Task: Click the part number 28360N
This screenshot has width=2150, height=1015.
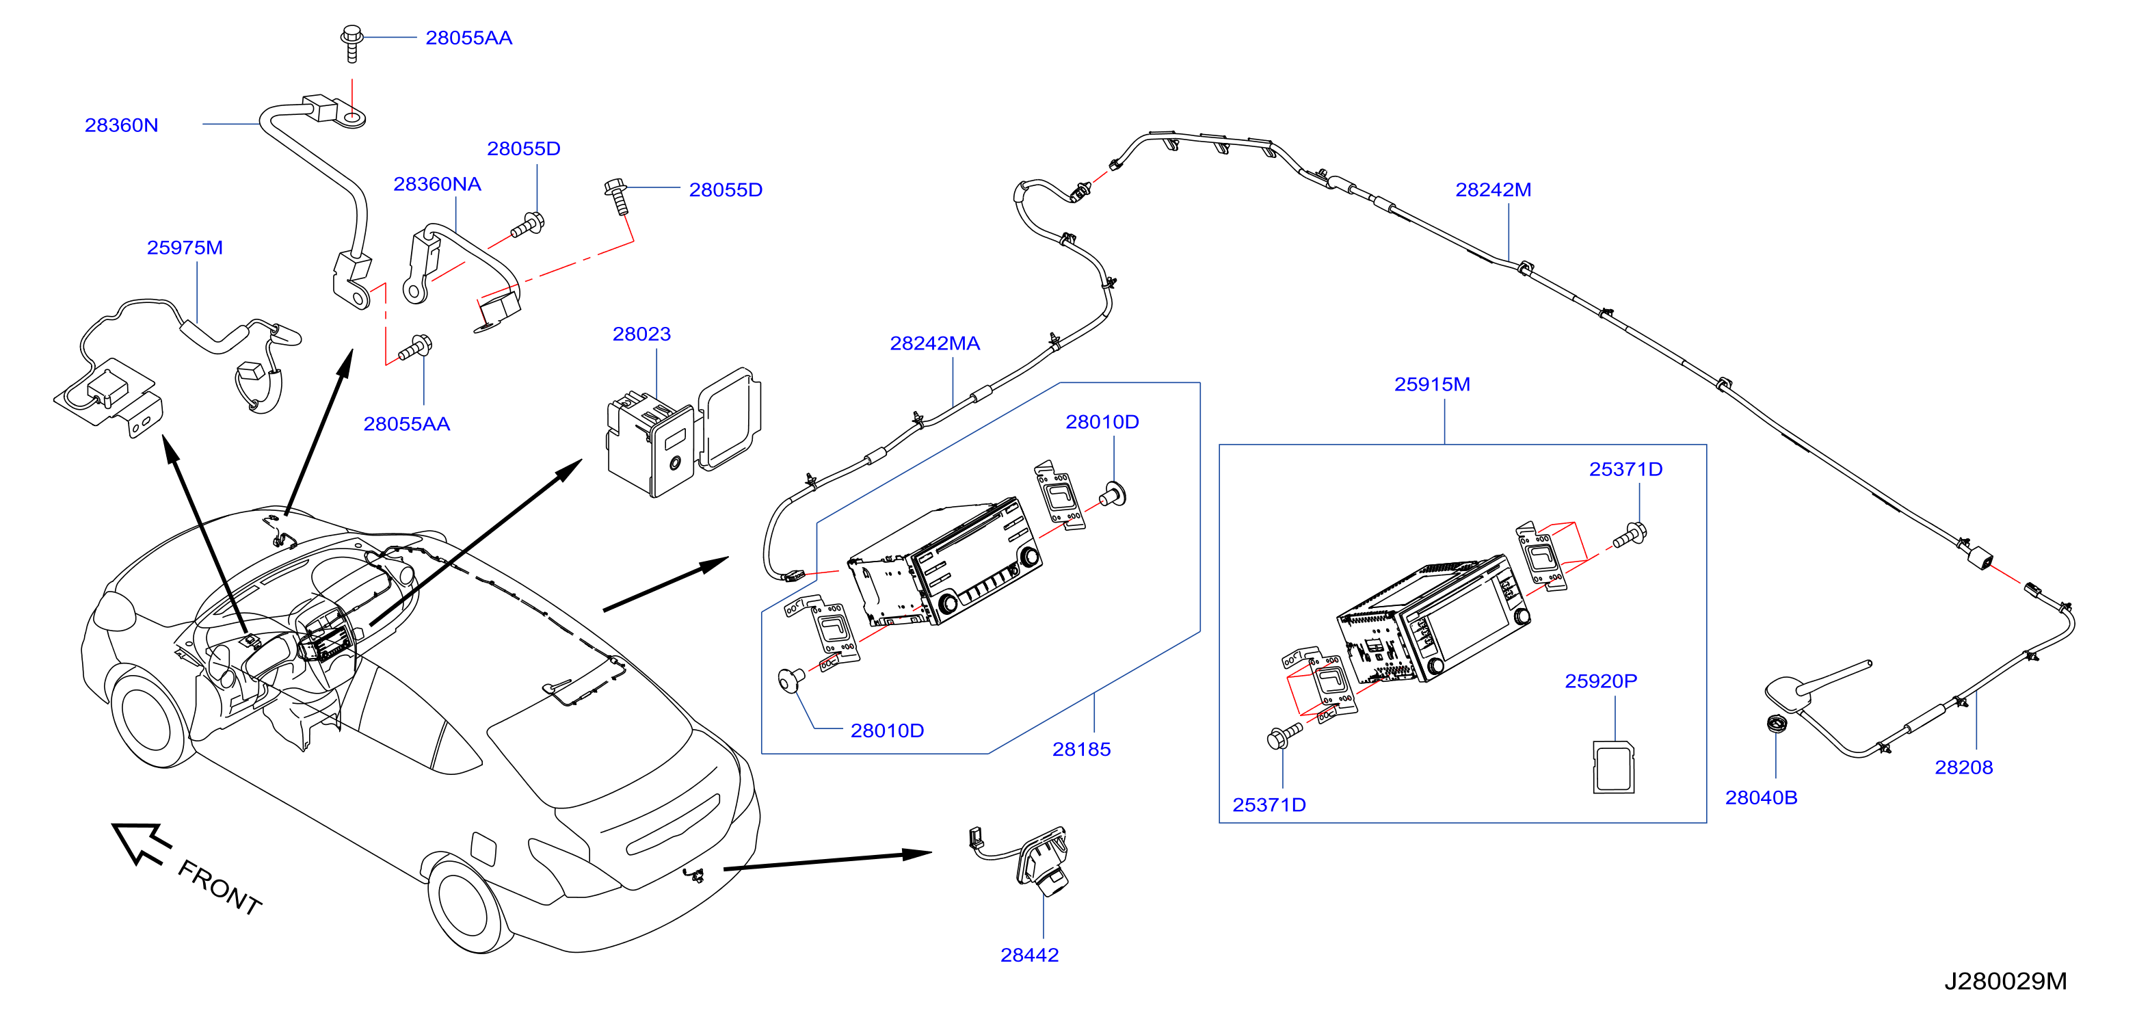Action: [121, 125]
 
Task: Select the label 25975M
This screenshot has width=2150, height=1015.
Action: [185, 248]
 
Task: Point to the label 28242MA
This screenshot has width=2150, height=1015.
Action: [934, 343]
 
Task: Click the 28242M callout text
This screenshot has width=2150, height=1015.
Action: [1492, 189]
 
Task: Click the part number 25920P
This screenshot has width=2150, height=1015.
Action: [1600, 681]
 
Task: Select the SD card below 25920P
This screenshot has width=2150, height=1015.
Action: [1613, 766]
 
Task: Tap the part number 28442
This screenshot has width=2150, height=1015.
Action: [1029, 955]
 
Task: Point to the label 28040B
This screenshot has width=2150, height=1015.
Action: [1761, 797]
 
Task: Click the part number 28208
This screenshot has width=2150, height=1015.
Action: [1963, 767]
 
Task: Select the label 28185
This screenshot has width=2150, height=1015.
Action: [1081, 749]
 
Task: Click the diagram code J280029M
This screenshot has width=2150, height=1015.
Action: [2005, 981]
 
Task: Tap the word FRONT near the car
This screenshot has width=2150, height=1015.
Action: [220, 886]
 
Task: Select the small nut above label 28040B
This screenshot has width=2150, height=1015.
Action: [1775, 724]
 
